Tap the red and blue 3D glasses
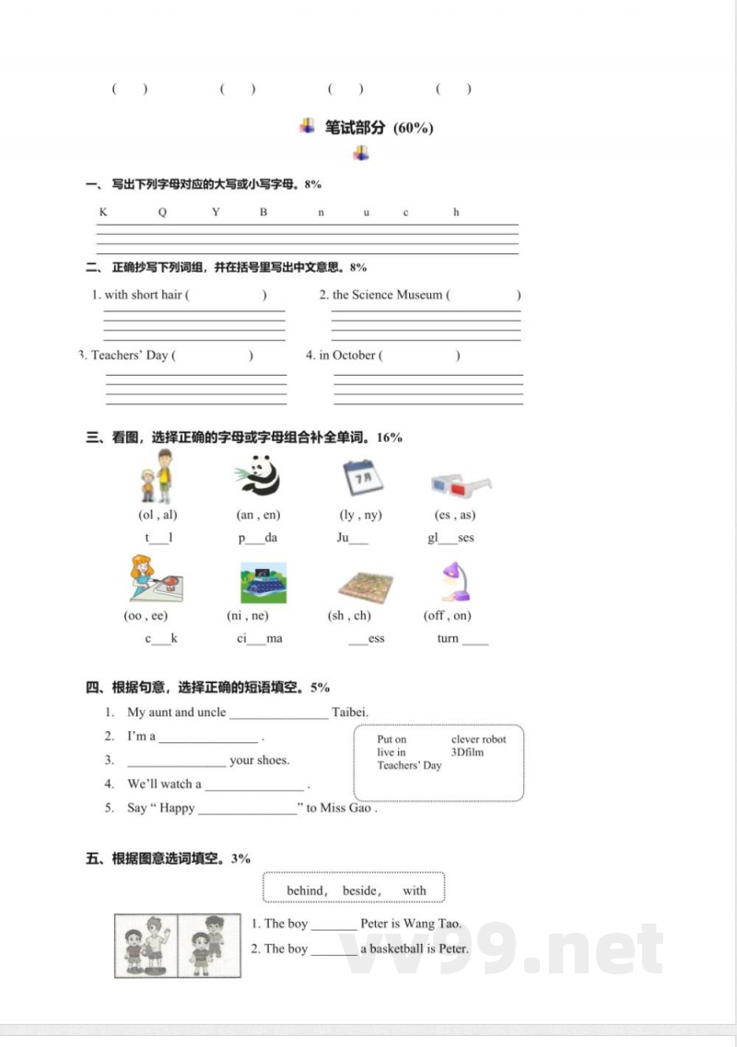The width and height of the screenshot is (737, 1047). coord(460,484)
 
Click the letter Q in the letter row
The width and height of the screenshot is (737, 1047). coord(162,213)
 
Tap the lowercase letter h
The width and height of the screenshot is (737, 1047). coord(456,213)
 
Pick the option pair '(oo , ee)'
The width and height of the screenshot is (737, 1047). coord(146,615)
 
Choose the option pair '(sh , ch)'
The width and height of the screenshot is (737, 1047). coord(349,615)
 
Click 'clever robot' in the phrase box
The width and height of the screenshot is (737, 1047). coord(478,739)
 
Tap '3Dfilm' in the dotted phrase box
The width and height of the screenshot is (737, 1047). coord(467,752)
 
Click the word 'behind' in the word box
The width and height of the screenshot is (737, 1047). coord(306,890)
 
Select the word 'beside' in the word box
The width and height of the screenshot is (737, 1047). coord(360,890)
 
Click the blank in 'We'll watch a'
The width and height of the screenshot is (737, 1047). coord(254,785)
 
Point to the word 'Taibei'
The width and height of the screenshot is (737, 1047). coord(350,712)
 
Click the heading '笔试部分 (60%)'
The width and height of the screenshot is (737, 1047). coord(379,128)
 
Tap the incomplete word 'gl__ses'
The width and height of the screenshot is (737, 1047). coord(450,538)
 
